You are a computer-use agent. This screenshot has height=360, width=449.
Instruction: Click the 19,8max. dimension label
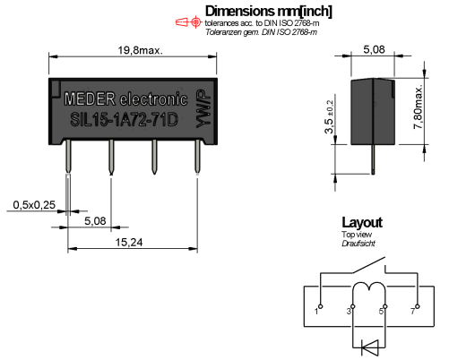[x=141, y=50]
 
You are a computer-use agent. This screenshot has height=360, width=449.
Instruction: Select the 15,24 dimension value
[x=129, y=242]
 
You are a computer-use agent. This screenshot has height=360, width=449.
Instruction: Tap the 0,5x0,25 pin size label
[x=34, y=205]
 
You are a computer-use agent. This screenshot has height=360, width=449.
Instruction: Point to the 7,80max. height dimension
[x=419, y=107]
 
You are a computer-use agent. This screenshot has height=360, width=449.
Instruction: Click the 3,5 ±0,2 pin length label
[x=329, y=116]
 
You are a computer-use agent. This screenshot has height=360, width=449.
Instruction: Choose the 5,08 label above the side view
[x=374, y=49]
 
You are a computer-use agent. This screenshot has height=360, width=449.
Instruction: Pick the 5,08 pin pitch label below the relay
[x=95, y=221]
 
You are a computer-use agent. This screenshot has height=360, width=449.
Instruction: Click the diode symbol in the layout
[x=370, y=347]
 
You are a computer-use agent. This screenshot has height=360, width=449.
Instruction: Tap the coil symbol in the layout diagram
[x=369, y=287]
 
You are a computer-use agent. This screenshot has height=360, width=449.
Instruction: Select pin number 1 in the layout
[x=316, y=312]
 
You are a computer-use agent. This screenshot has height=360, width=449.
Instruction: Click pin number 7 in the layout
[x=413, y=312]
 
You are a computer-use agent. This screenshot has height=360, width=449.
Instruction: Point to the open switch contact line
[x=368, y=264]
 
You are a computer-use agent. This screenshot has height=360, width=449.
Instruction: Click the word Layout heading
[x=362, y=223]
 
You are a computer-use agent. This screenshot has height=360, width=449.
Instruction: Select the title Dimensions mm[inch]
[x=268, y=12]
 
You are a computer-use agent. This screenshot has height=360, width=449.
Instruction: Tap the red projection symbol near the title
[x=188, y=22]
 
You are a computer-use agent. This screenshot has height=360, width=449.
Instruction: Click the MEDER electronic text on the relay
[x=125, y=99]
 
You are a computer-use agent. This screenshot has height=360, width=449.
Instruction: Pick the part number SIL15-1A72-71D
[x=124, y=120]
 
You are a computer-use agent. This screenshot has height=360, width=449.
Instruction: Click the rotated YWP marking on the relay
[x=203, y=109]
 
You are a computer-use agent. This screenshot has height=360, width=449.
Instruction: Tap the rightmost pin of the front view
[x=197, y=157]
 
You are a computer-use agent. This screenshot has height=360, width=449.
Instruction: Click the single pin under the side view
[x=373, y=159]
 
